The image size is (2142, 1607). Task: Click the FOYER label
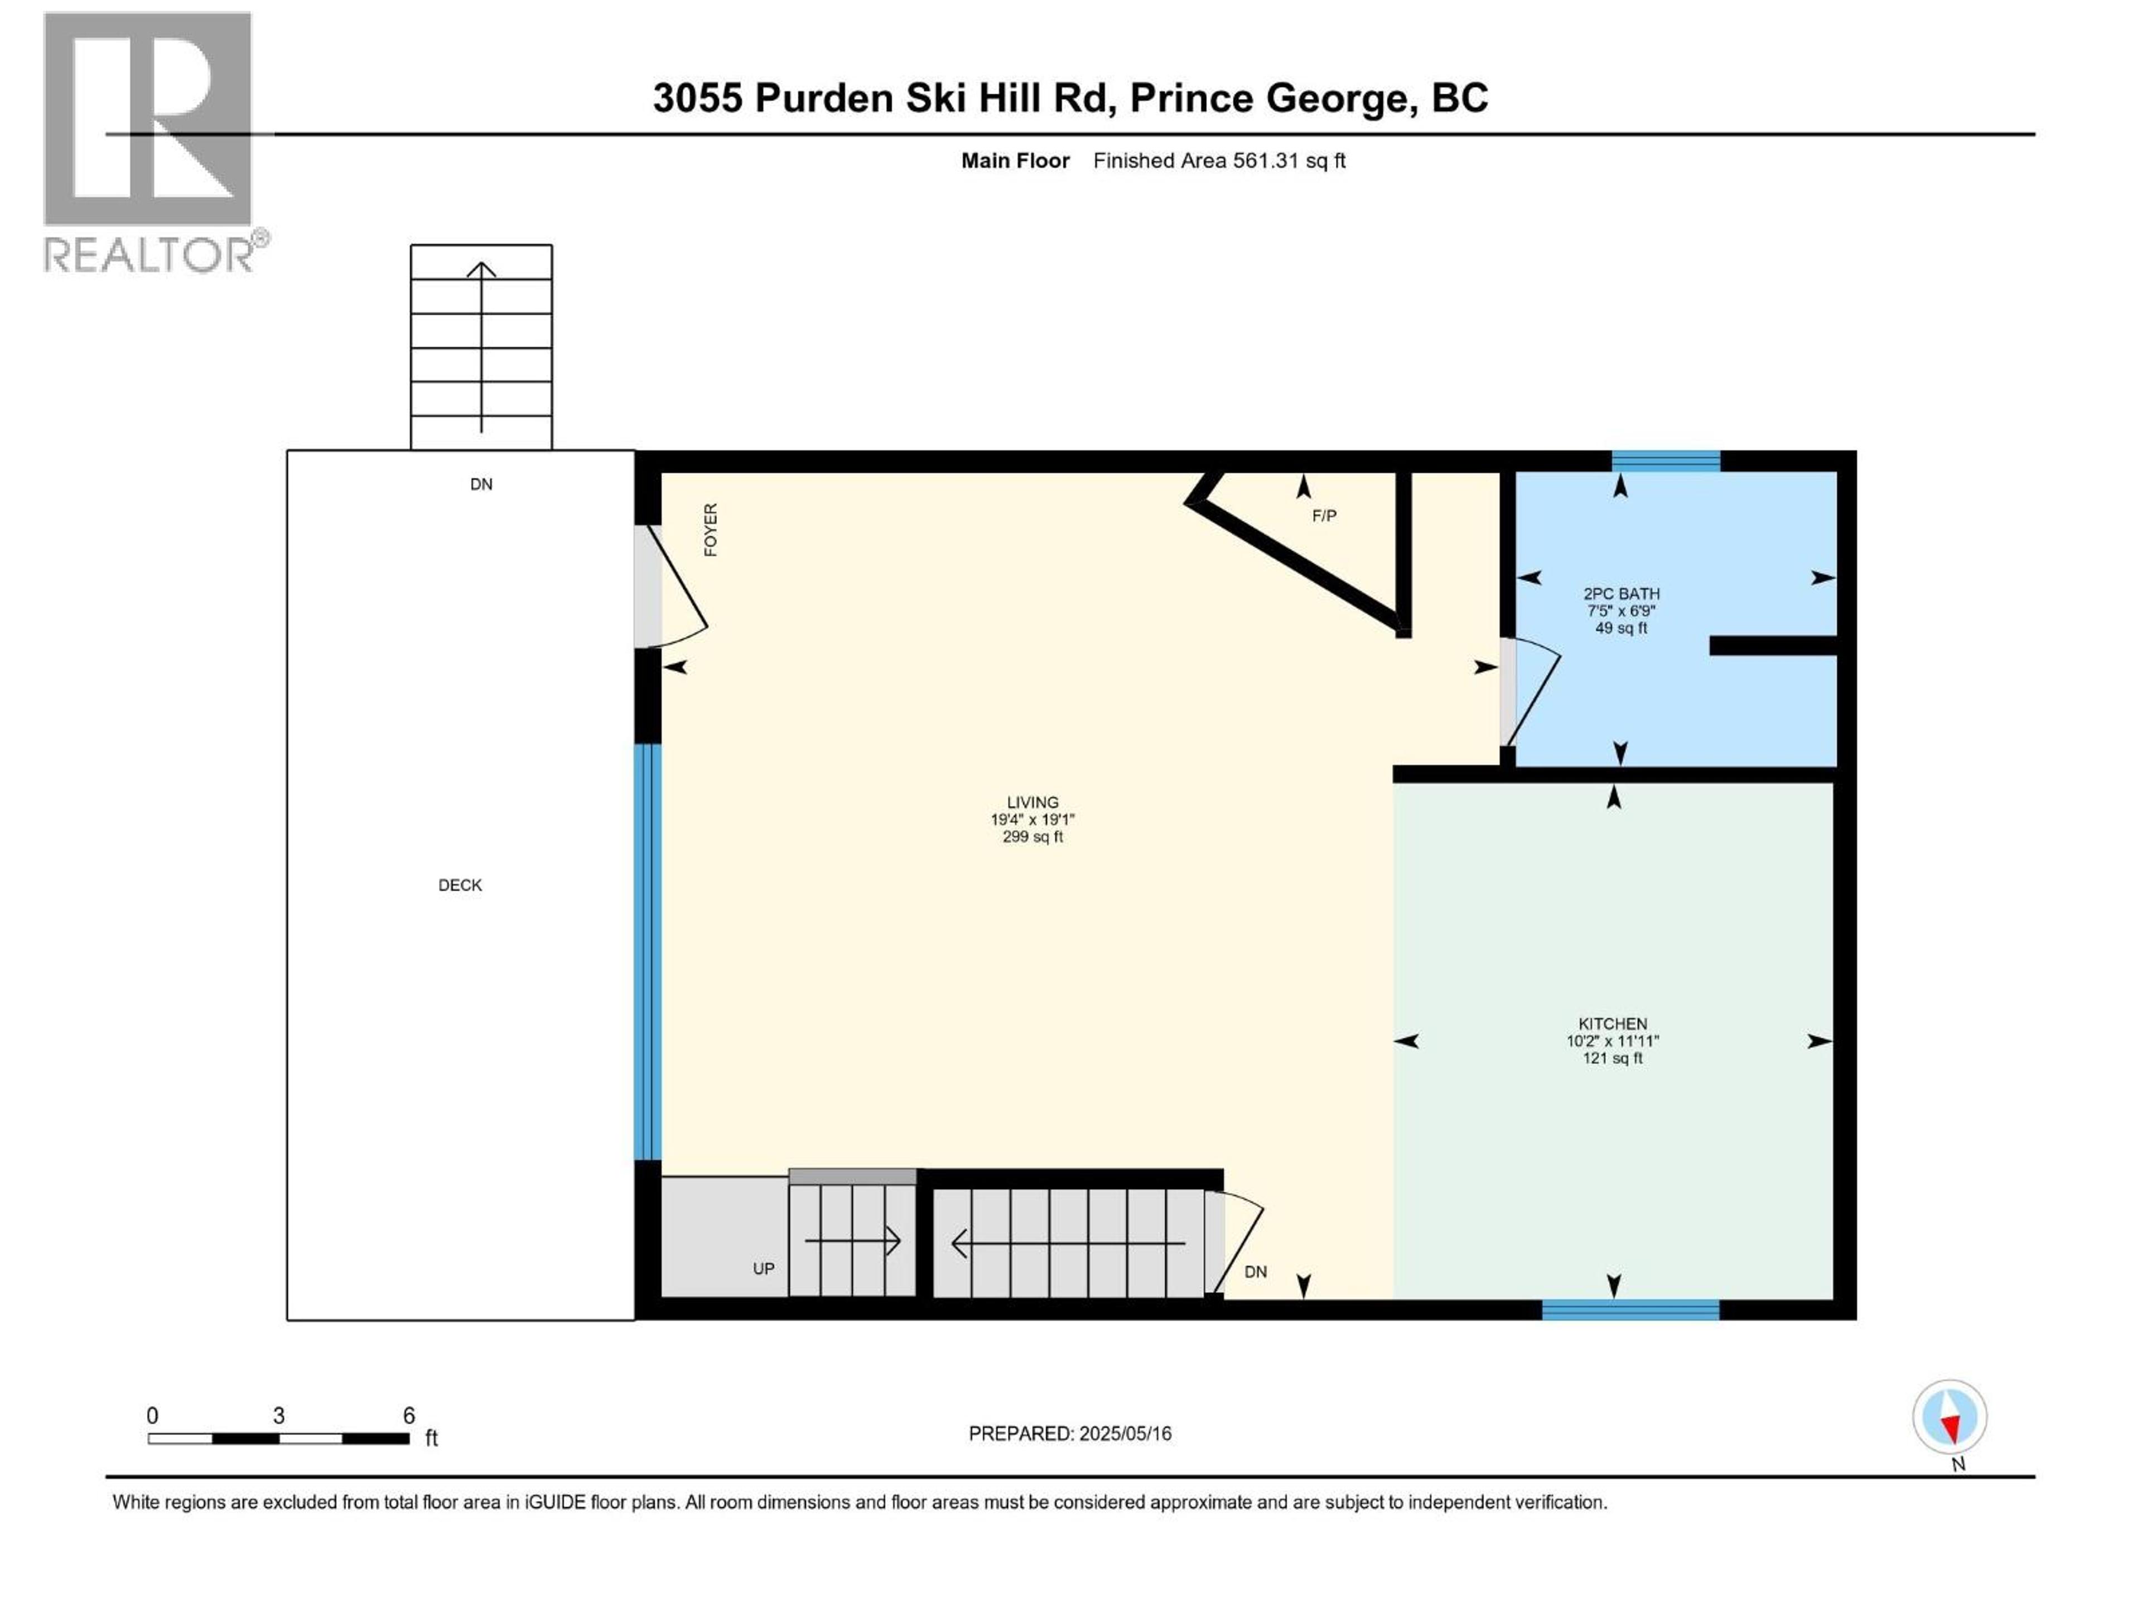[711, 530]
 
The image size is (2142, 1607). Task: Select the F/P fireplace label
[1324, 516]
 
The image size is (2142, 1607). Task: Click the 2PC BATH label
[1621, 594]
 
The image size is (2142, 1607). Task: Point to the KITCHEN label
[1612, 1024]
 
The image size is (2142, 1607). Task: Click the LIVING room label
[1033, 802]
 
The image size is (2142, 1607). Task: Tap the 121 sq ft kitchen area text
[1612, 1058]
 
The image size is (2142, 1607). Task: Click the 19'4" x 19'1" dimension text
[1033, 820]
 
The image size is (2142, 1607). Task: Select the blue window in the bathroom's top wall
[1666, 461]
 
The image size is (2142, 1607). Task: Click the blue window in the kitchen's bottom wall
[1630, 1310]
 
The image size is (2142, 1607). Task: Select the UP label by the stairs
[763, 1269]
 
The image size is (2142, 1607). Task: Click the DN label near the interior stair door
[1255, 1272]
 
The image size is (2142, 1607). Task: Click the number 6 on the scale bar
[409, 1415]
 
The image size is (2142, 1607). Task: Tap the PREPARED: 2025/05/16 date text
[1070, 1433]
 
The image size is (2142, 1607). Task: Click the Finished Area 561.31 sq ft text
[1219, 161]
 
